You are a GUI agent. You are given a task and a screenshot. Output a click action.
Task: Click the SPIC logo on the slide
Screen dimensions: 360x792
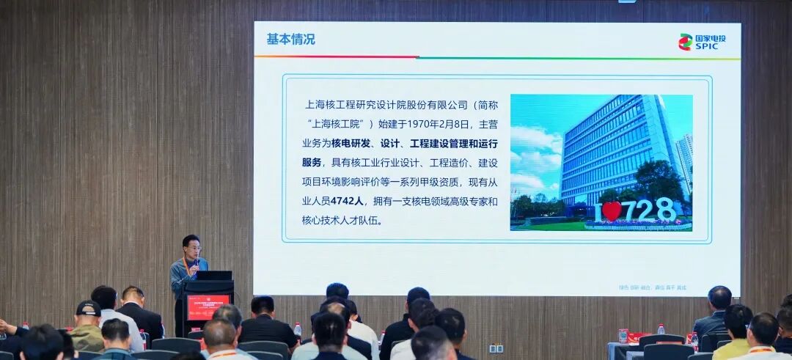[x=700, y=42]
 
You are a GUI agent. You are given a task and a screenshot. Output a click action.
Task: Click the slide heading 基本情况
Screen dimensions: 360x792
[x=290, y=40]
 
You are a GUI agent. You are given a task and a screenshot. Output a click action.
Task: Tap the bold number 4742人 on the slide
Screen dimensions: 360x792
[x=347, y=201]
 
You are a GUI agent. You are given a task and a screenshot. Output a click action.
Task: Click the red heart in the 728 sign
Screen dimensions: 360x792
[x=612, y=211]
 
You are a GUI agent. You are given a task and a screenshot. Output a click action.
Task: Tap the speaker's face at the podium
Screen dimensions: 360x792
[x=191, y=247]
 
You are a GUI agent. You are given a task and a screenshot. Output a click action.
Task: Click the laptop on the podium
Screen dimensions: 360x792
[x=213, y=275]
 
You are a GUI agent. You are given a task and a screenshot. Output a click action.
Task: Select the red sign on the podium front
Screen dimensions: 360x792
[x=208, y=307]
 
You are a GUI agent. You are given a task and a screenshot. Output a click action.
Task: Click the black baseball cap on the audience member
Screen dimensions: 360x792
[x=88, y=309]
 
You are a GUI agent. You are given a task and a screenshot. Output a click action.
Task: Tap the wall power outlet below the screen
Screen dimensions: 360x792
[x=496, y=348]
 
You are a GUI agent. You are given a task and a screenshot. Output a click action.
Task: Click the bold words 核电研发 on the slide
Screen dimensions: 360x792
[x=353, y=143]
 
